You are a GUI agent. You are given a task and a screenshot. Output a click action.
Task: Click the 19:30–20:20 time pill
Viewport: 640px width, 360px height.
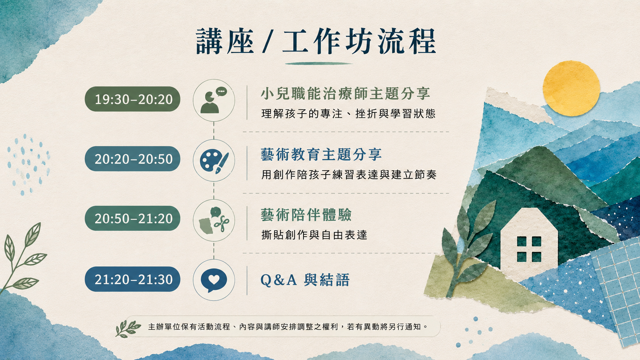point(132,99)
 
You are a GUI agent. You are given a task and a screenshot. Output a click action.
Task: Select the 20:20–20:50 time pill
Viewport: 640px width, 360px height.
point(132,159)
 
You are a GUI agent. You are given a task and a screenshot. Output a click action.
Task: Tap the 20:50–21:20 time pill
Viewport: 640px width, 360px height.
point(132,218)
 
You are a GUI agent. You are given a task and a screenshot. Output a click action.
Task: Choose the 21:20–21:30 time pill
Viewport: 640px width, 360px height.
point(132,279)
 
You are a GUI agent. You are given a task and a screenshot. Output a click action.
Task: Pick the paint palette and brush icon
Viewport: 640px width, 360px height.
point(214,160)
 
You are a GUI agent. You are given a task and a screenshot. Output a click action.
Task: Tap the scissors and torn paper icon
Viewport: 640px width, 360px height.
point(214,220)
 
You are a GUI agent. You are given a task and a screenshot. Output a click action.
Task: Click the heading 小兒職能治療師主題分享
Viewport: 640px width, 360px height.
point(345,94)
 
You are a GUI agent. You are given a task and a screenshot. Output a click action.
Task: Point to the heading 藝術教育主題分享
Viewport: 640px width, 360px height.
point(321,155)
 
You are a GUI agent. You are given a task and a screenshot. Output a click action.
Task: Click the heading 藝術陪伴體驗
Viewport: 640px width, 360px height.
point(306,215)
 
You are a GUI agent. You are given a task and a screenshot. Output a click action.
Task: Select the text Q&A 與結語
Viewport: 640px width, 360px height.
point(305,280)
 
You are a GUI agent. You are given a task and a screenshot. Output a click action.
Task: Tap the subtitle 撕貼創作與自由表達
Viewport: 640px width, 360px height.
point(314,235)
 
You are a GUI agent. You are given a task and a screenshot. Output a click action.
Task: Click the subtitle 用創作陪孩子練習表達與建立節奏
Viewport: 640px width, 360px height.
point(349,175)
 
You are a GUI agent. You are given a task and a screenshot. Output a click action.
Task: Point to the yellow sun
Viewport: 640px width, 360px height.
point(571,88)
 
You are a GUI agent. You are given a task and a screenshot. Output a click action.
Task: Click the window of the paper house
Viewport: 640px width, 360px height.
point(529,249)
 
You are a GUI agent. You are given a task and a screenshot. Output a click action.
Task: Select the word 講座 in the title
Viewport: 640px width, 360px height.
point(225,41)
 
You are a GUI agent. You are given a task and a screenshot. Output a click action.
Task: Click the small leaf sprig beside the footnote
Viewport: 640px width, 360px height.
point(127,329)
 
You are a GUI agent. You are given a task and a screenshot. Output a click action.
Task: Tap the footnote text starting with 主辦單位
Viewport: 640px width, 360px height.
point(288,327)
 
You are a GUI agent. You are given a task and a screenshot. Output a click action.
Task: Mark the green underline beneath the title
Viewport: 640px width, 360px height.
point(319,64)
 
